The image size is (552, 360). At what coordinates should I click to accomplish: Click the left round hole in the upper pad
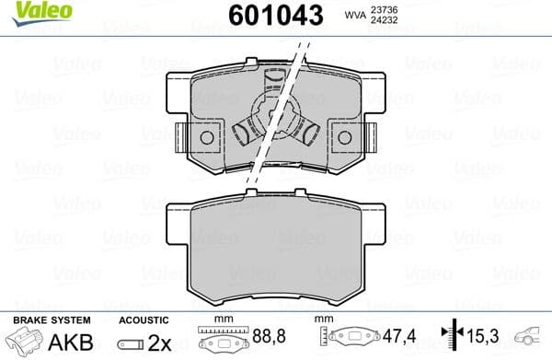[x=206, y=138]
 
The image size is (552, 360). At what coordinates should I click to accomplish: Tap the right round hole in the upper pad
[x=346, y=138]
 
